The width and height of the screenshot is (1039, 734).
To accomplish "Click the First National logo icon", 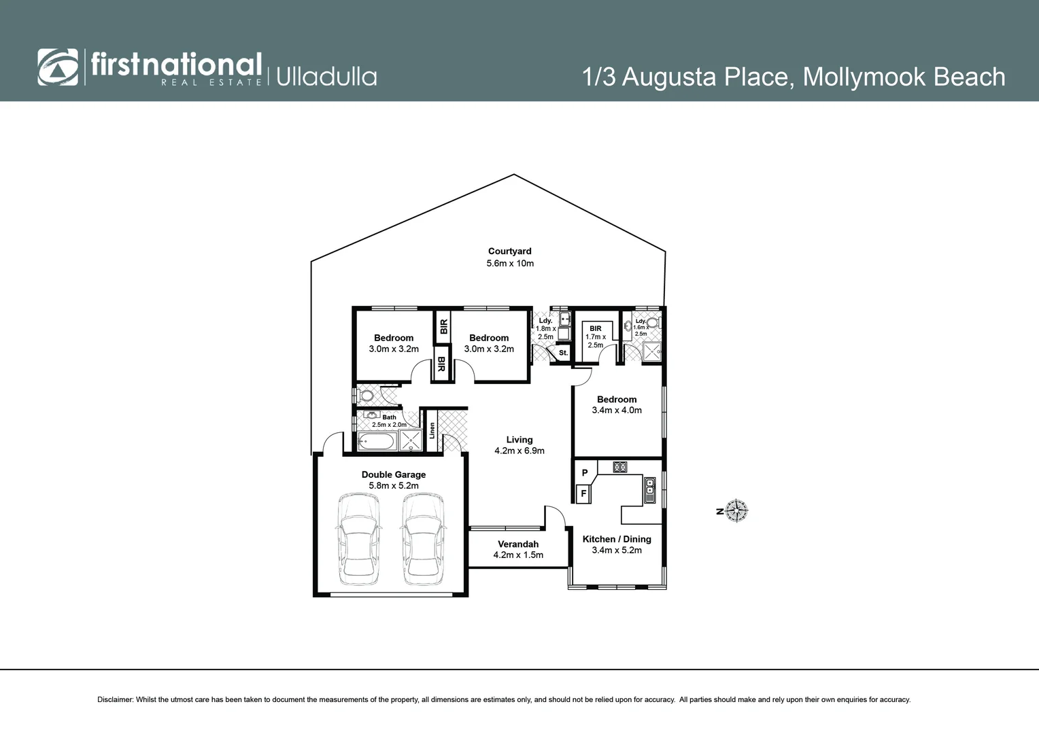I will [58, 67].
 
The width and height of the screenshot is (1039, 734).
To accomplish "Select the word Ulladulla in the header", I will [326, 77].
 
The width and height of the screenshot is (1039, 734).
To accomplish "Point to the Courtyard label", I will [509, 251].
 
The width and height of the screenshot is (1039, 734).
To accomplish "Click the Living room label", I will [519, 440].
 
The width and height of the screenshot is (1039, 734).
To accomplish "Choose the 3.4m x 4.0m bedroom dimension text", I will [617, 410].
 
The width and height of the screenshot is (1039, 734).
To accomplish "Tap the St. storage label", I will [563, 353].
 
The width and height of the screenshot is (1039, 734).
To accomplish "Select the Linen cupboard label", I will [432, 430].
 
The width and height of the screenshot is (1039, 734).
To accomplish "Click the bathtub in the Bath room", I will [376, 442].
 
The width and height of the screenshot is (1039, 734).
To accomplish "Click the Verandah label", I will [518, 544].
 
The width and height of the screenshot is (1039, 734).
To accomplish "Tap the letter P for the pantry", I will [584, 472].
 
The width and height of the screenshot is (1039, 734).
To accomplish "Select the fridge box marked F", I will [583, 494].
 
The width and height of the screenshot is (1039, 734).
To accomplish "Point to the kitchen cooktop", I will [619, 467].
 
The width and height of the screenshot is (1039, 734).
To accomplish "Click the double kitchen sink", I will [649, 489].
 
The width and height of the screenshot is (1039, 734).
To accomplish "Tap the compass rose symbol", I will [736, 510].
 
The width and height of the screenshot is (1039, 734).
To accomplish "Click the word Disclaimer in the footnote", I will [115, 699].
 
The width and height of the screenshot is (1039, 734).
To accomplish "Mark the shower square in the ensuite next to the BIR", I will [651, 351].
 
